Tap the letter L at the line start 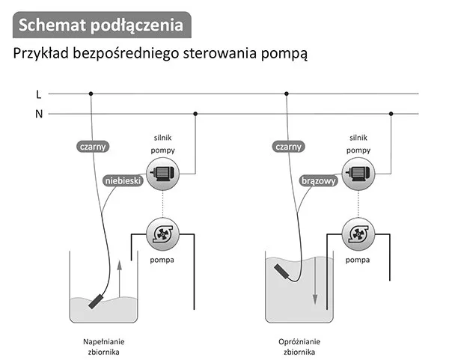[x=38, y=94]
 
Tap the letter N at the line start [x=38, y=114]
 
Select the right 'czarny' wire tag [x=289, y=147]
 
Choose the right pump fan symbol [x=358, y=234]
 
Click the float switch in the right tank [x=281, y=267]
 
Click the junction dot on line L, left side [x=91, y=94]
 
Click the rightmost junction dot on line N [x=390, y=114]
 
